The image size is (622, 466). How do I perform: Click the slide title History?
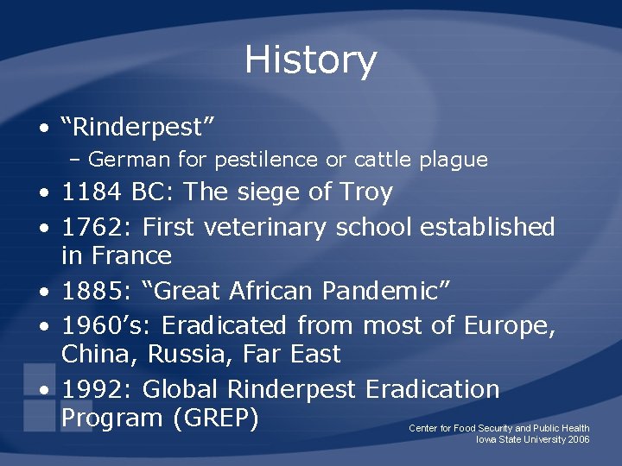point(310,60)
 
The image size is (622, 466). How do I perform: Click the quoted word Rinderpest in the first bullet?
point(137,128)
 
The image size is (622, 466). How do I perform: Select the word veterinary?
point(267,228)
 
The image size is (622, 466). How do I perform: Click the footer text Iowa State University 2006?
point(533,440)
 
